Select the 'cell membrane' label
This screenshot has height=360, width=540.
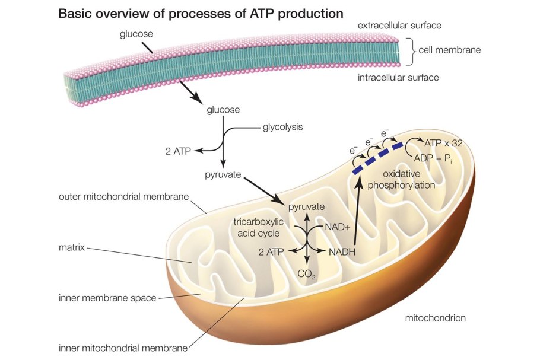[x=449, y=50]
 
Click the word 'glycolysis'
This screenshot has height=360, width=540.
[x=282, y=126]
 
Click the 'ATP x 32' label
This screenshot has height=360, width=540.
[x=444, y=143]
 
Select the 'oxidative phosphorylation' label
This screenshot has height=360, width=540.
[x=402, y=179]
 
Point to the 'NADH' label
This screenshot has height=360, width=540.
[x=342, y=251]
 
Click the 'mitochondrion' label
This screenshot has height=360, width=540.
[x=435, y=318]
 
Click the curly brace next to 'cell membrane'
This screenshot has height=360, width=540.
[x=409, y=51]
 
